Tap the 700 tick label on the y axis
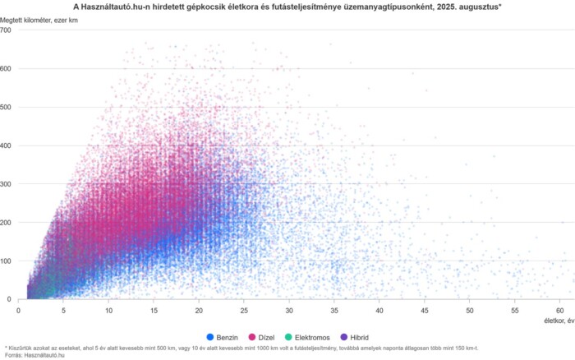tap(7, 30)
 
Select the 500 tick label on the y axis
tap(7, 107)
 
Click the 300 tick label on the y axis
tap(7, 184)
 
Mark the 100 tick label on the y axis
tap(7, 261)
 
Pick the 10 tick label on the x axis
tap(108, 309)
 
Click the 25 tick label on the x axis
tap(244, 309)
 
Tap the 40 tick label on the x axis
tap(379, 309)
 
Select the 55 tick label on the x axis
tap(514, 309)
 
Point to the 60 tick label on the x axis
tap(559, 309)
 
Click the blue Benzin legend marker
tap(211, 337)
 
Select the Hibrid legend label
tap(381, 337)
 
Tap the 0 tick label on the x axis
tap(18, 309)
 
